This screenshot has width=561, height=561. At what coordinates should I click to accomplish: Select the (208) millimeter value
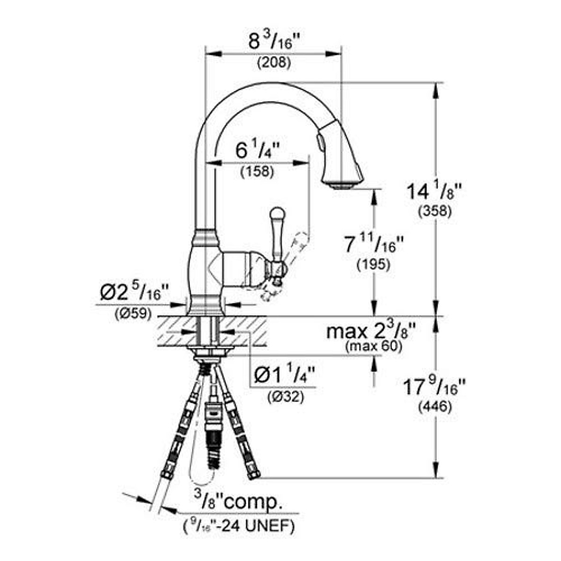tap(274, 63)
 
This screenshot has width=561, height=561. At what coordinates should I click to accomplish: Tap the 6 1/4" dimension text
tap(257, 151)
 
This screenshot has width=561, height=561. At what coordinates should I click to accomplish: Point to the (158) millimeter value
tap(257, 172)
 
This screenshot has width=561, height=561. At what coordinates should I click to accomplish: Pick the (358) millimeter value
tap(435, 211)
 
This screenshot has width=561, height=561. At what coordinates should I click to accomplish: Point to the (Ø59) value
tap(133, 314)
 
